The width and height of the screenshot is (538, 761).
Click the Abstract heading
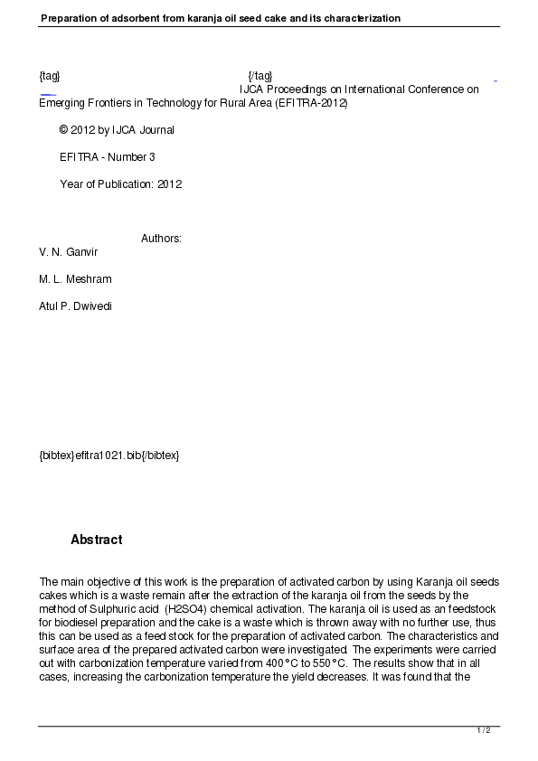click(96, 540)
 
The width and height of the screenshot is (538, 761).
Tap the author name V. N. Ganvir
click(68, 251)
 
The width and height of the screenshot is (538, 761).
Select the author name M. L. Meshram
click(75, 278)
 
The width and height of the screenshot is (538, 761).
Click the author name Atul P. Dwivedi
click(76, 305)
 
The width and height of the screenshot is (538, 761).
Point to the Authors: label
click(161, 239)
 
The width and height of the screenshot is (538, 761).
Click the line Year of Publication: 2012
click(120, 184)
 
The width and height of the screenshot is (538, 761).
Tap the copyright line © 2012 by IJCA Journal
click(117, 130)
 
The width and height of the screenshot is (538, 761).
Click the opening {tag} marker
click(50, 75)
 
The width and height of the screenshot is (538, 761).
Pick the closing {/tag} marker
click(260, 75)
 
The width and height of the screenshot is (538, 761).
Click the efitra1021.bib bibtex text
click(109, 455)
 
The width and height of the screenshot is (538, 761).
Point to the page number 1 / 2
click(484, 729)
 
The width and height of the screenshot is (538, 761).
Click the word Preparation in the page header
click(71, 18)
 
